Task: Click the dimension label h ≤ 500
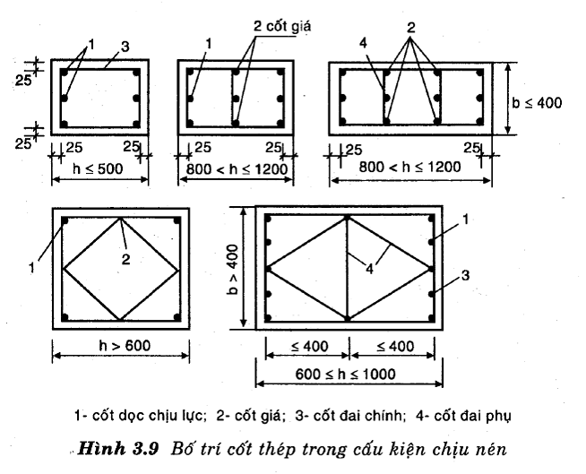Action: pyautogui.click(x=98, y=169)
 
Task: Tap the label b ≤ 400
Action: pyautogui.click(x=537, y=102)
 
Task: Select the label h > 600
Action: pyautogui.click(x=125, y=345)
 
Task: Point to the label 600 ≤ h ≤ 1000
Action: pyautogui.click(x=345, y=374)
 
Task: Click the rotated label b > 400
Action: pyautogui.click(x=232, y=269)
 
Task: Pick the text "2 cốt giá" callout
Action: pyautogui.click(x=282, y=27)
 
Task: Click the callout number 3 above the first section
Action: pyautogui.click(x=125, y=47)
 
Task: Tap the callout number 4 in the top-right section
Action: pyautogui.click(x=363, y=43)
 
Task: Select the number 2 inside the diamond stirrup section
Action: pyautogui.click(x=126, y=259)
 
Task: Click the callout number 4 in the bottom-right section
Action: pyautogui.click(x=369, y=269)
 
